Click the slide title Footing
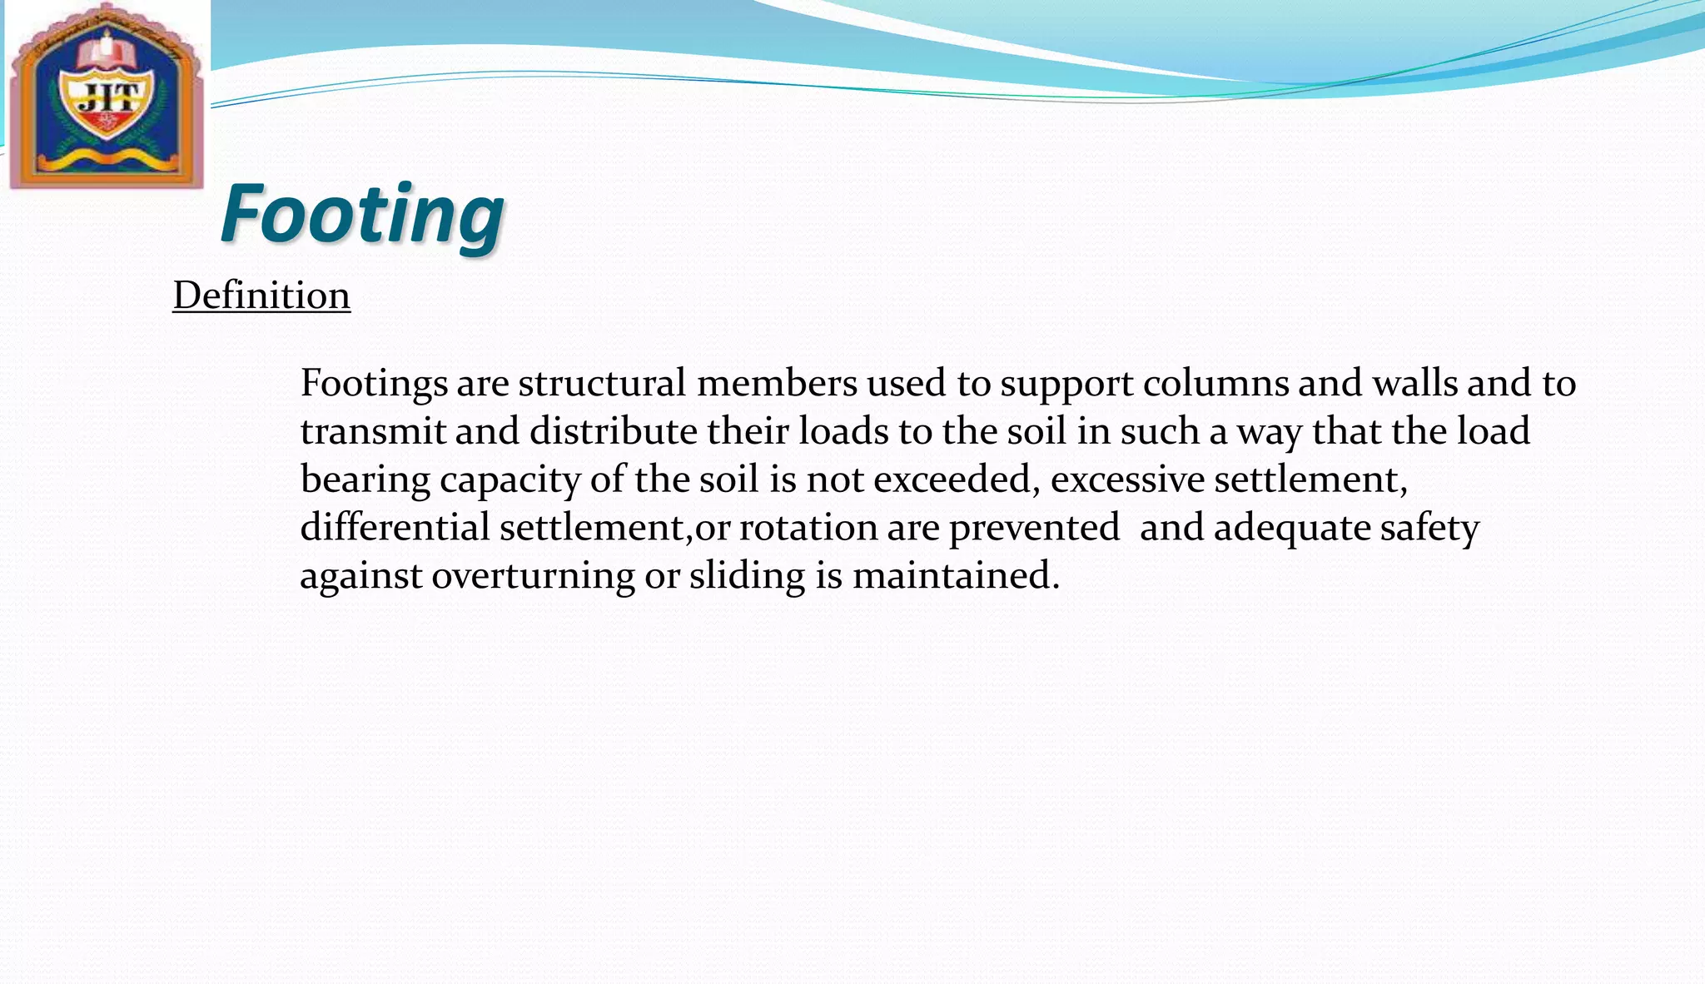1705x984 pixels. click(362, 215)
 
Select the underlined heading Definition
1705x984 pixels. click(261, 296)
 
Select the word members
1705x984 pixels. click(777, 384)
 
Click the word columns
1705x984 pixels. click(1215, 384)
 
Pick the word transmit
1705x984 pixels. click(373, 432)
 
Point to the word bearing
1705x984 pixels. click(365, 480)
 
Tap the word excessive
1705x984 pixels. click(1127, 480)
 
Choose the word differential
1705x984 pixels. click(395, 528)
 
